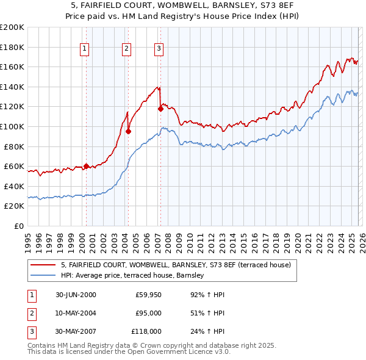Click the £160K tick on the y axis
[x=12, y=67]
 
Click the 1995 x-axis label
[x=28, y=239]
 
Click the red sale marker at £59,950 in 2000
[x=87, y=166]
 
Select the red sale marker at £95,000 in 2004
[x=129, y=131]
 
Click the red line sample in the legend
[x=43, y=265]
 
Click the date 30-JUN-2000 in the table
[x=76, y=295]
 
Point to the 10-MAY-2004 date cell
[x=76, y=313]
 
